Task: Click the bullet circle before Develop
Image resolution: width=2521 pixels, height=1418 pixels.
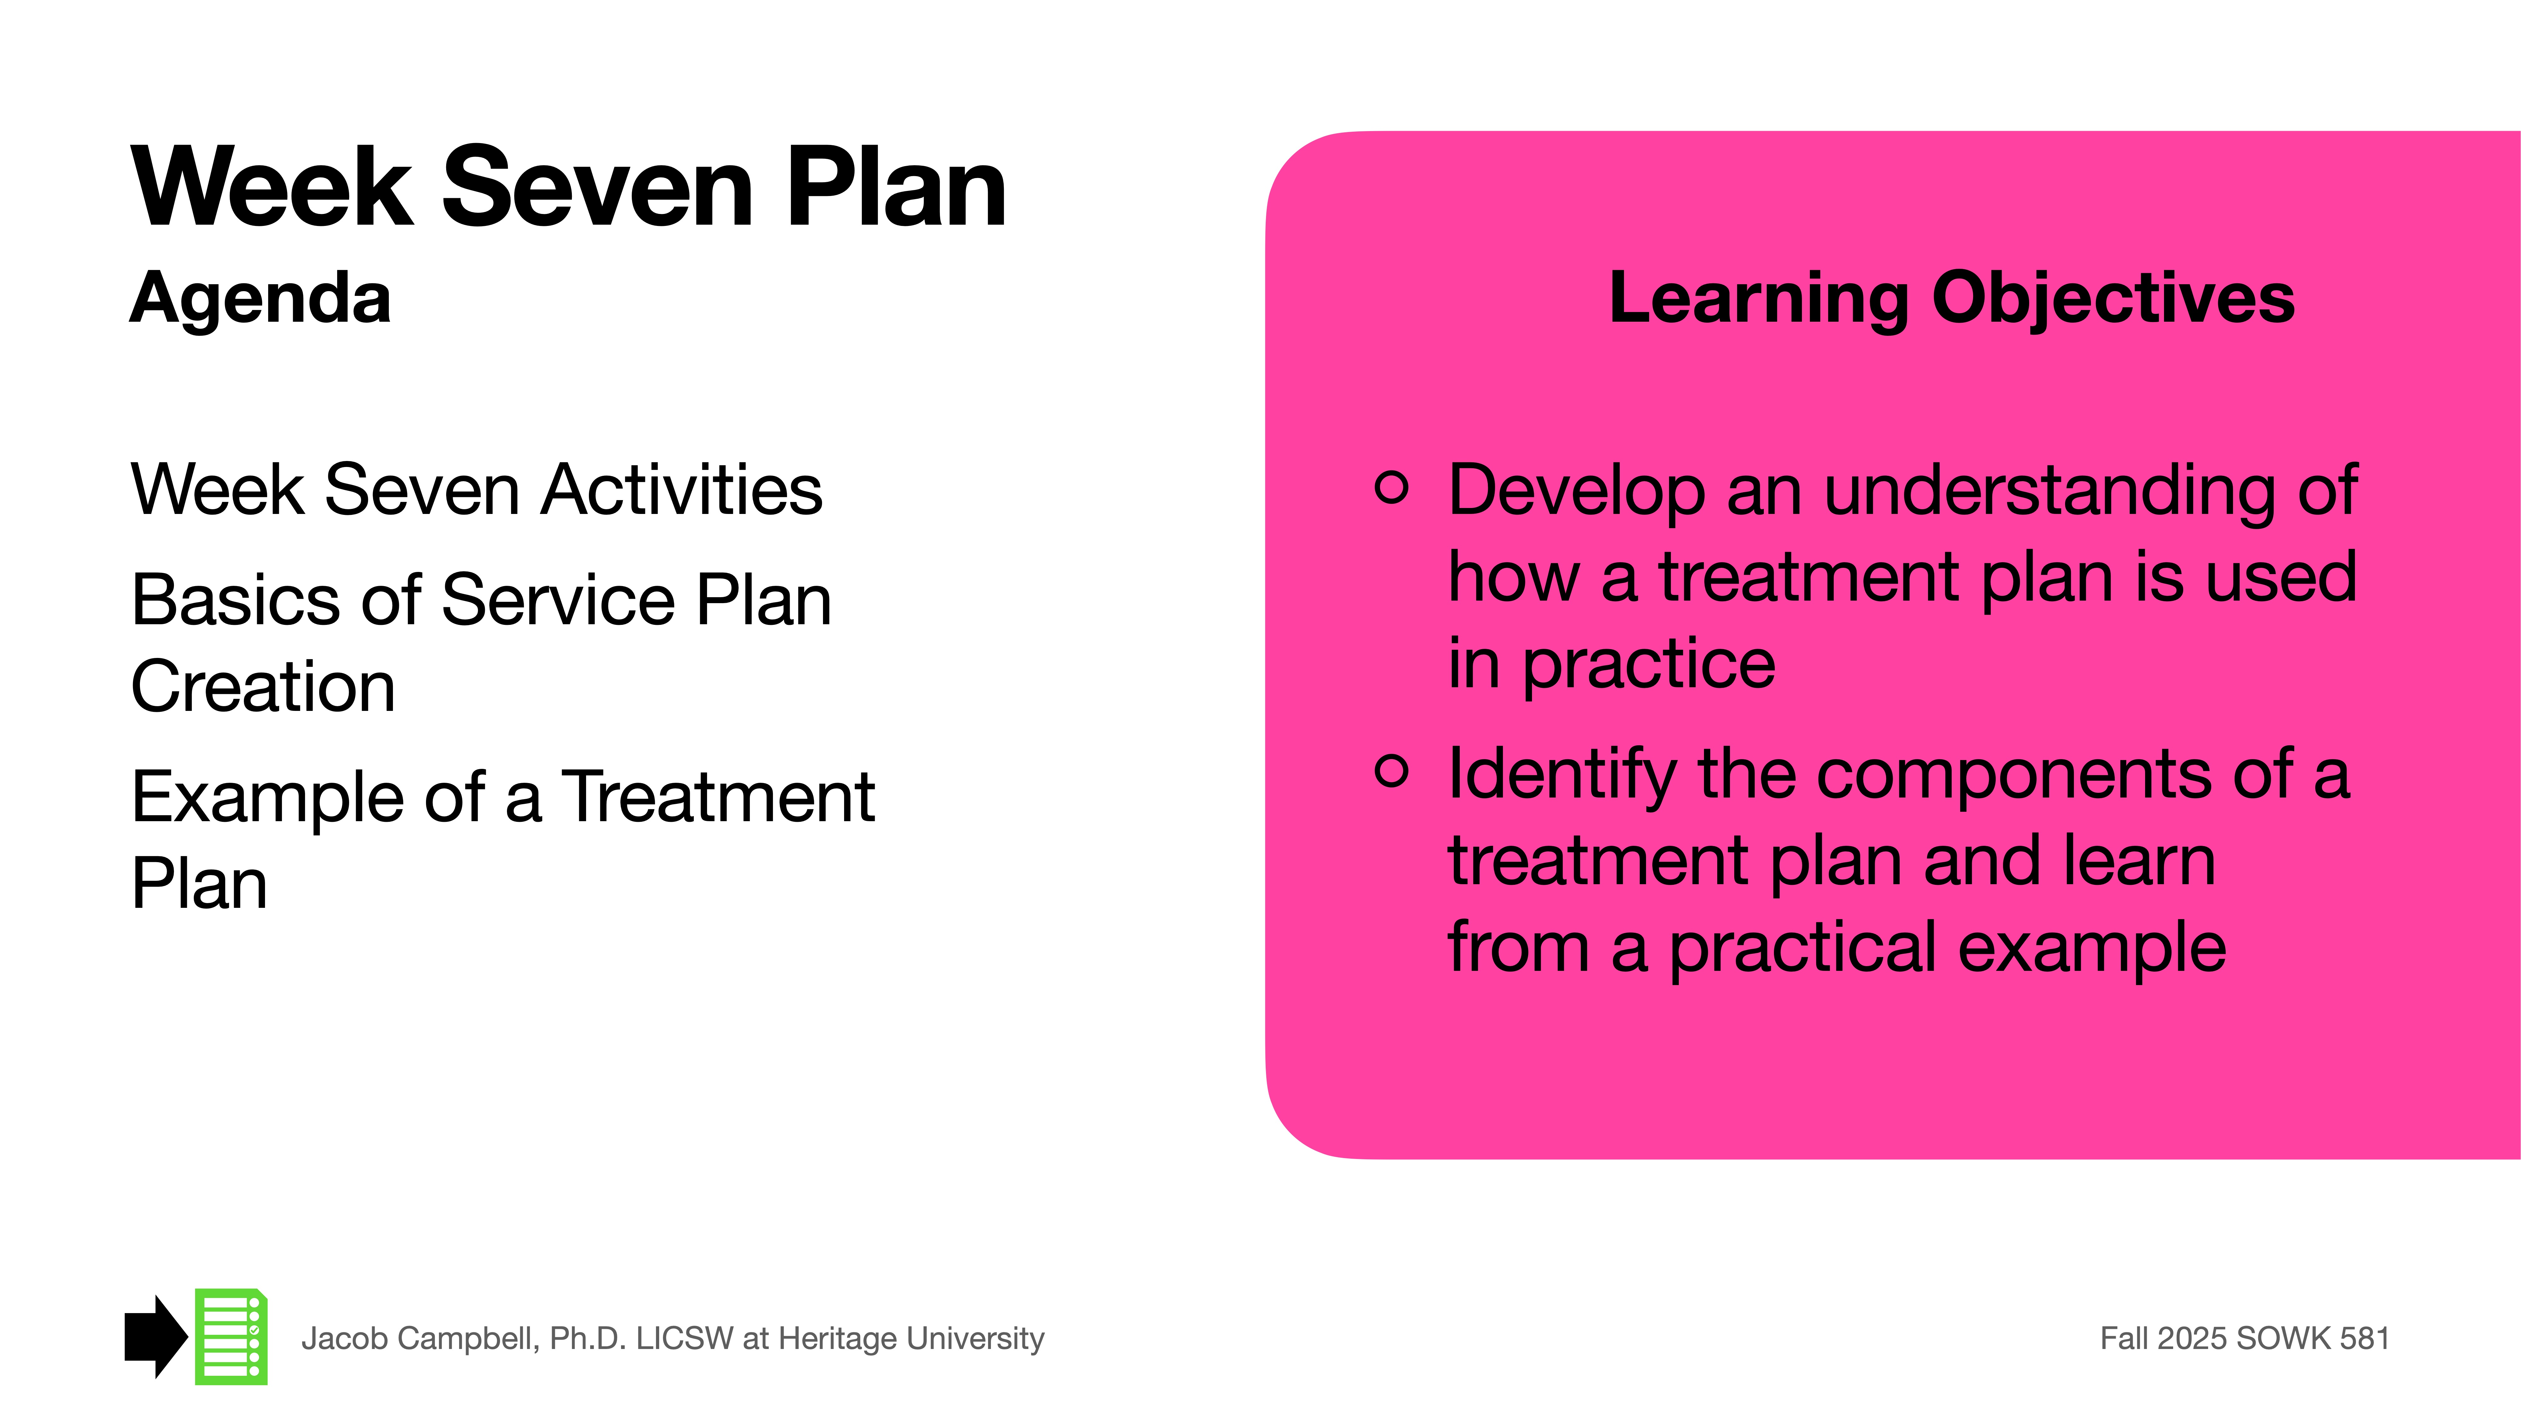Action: pos(1391,486)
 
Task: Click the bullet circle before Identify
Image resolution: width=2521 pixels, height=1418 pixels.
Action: pos(1391,770)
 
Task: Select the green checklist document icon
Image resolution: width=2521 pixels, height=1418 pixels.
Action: pos(231,1337)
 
